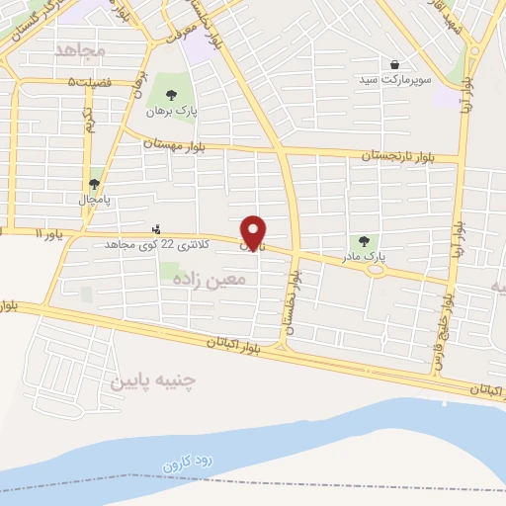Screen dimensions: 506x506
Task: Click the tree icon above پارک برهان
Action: point(172,95)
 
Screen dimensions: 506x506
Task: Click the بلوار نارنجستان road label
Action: point(393,155)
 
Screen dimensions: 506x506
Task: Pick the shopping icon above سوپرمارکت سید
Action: point(395,63)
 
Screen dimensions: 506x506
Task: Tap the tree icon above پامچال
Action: point(95,183)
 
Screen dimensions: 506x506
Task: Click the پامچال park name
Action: point(95,199)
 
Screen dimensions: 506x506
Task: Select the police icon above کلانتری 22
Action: point(155,228)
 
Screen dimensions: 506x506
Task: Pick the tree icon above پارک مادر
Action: point(365,240)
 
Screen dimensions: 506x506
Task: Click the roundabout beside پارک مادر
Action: point(376,270)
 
